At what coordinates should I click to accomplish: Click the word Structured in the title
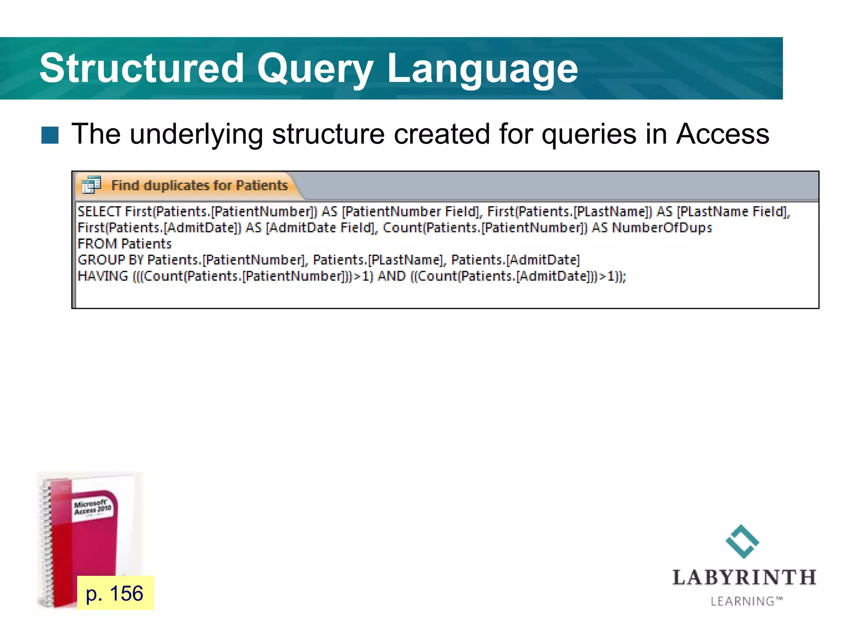pos(142,68)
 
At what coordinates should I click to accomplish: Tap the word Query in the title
pos(315,68)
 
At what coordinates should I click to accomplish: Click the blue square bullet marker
pos(50,135)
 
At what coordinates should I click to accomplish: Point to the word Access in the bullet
pos(722,134)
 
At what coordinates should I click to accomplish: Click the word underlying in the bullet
pos(196,134)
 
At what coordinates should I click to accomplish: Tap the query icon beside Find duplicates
pos(91,185)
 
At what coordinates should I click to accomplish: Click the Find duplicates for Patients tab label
pos(200,185)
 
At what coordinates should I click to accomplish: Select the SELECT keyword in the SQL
pos(99,212)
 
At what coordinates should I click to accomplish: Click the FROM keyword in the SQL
pos(97,244)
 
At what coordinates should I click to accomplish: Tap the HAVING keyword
pos(103,276)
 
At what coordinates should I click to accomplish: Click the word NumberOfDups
pos(662,228)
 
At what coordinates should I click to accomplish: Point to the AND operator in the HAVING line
pos(391,276)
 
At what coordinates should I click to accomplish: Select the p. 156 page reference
pos(115,593)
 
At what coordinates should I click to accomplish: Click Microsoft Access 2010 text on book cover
pos(92,507)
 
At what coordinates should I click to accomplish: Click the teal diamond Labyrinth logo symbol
pos(742,541)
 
